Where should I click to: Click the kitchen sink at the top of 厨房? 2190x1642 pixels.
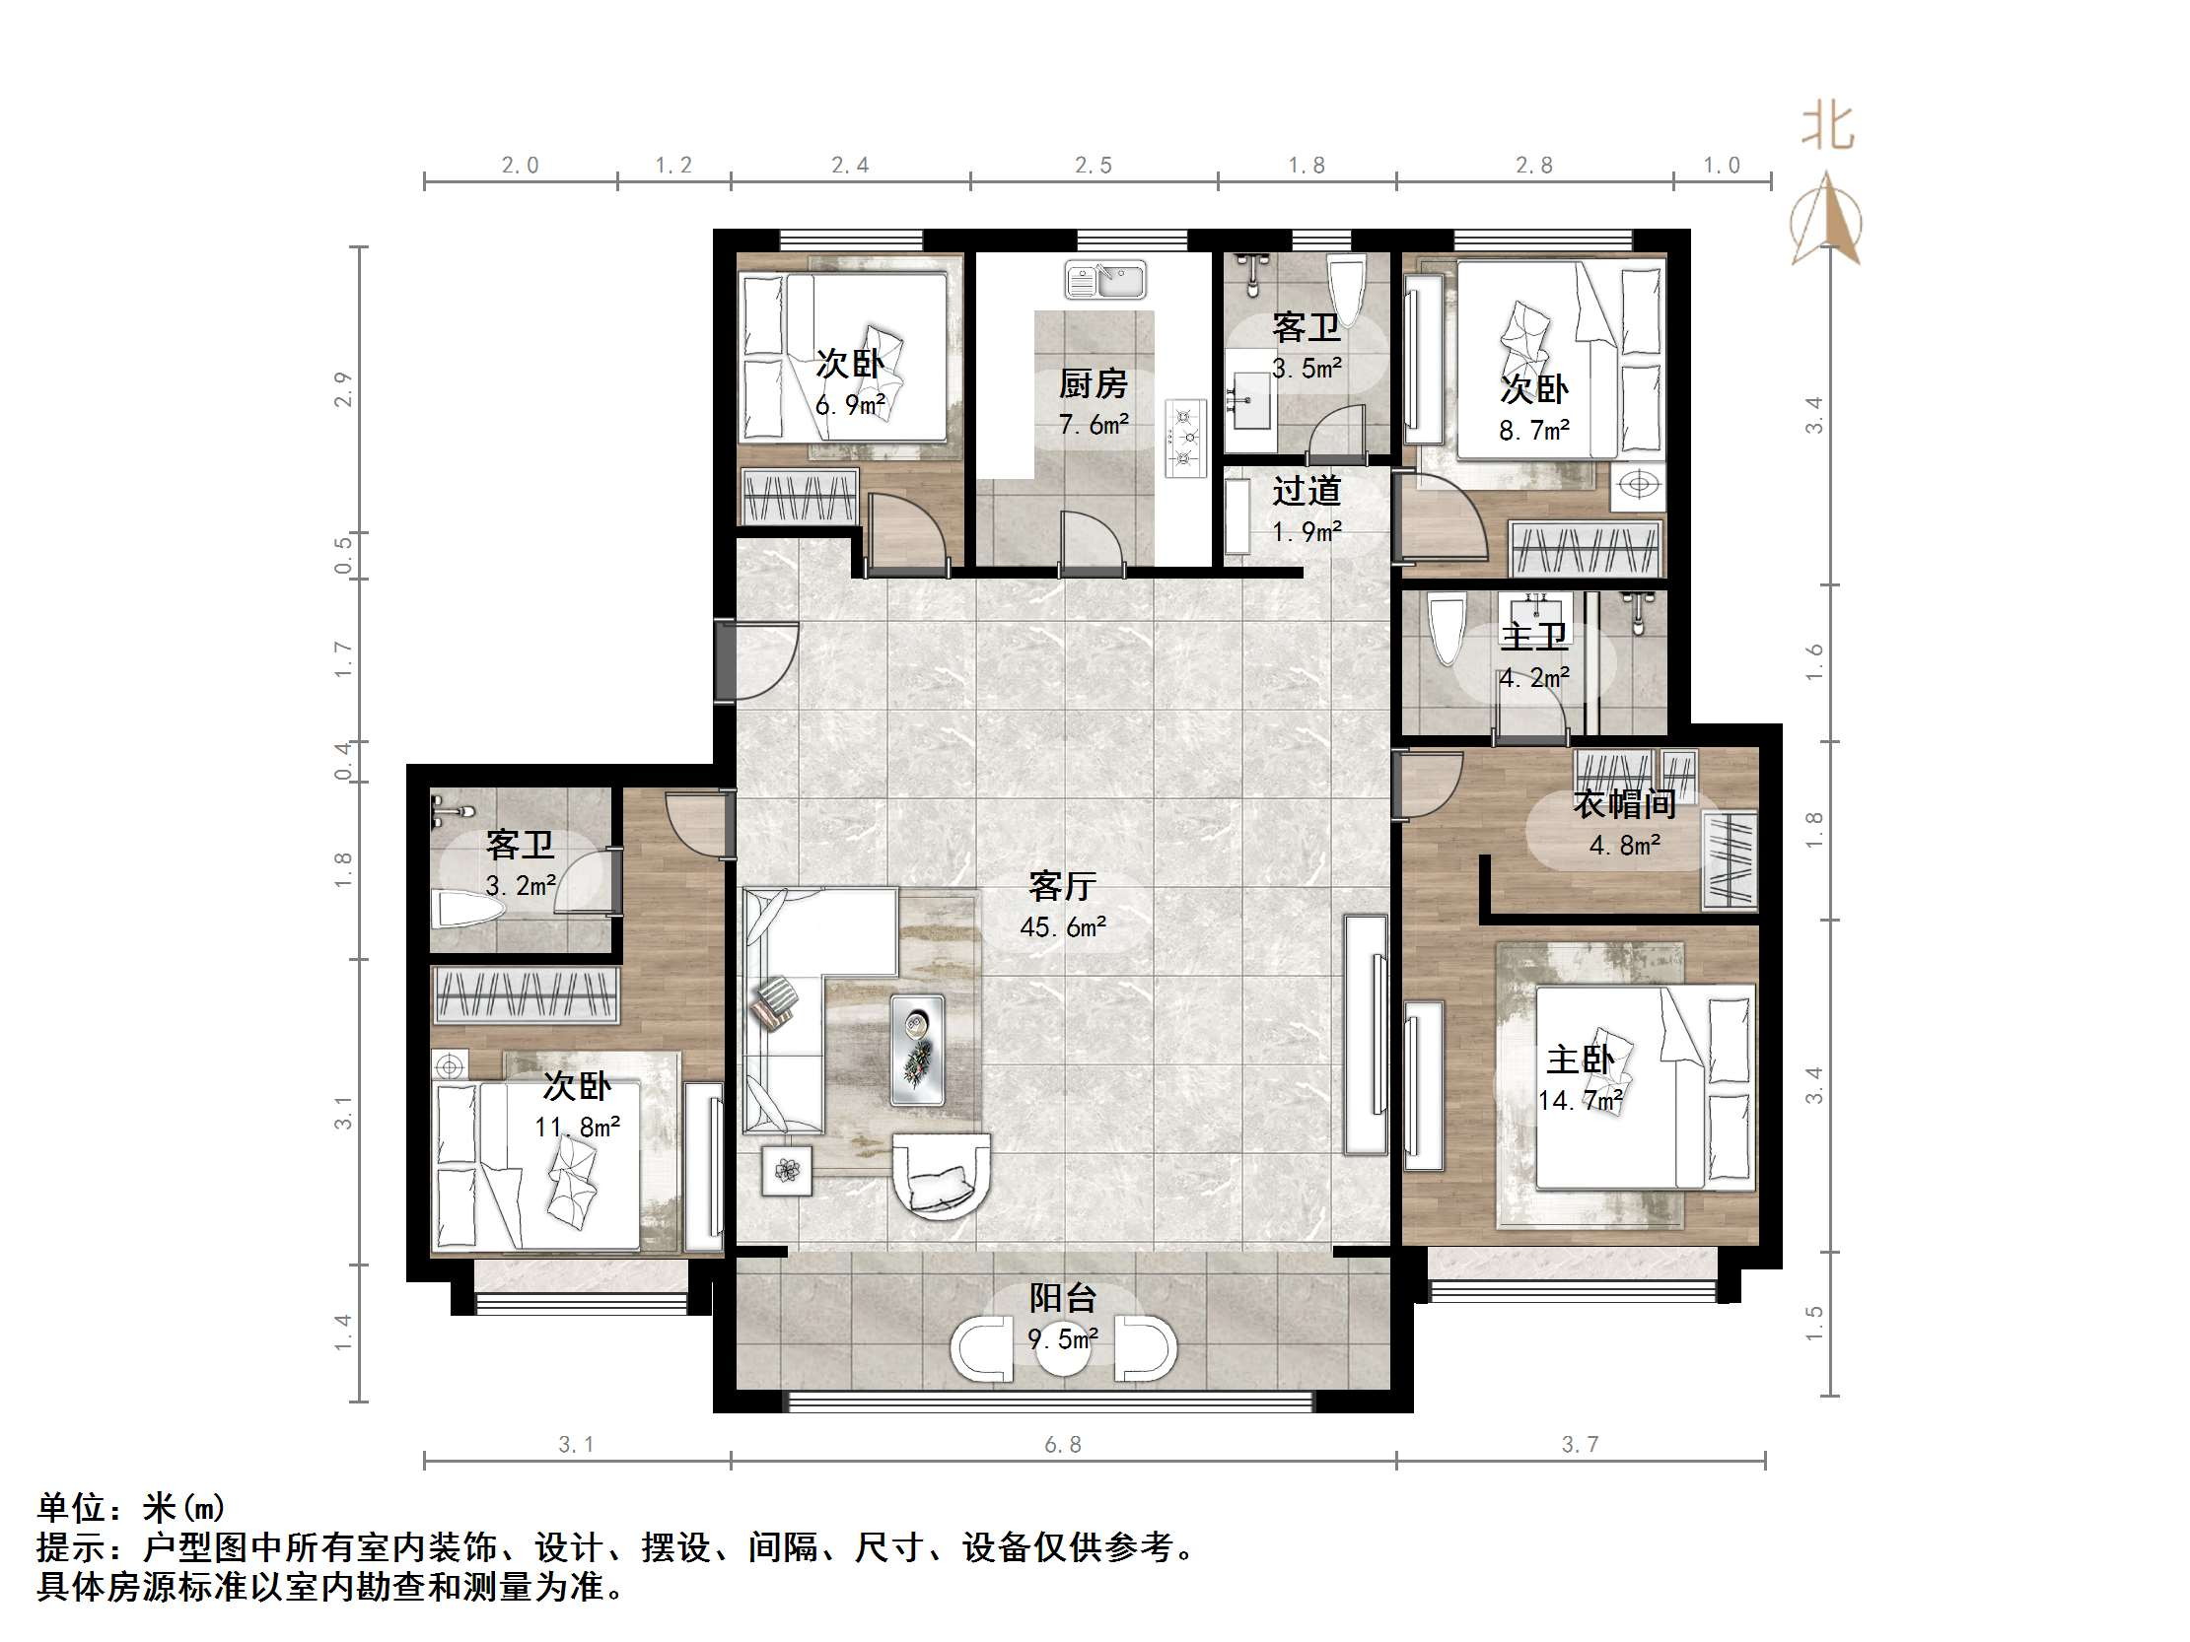[x=1105, y=280]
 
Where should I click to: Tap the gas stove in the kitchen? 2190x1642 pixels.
[x=1185, y=438]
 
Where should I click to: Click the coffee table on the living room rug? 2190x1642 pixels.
[x=917, y=1050]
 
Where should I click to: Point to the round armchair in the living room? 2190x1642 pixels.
[x=941, y=1177]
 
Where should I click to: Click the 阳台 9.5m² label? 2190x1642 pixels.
[x=1063, y=1318]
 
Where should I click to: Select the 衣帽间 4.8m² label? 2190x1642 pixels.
[x=1625, y=823]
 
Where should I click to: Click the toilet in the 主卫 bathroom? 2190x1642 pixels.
[x=1447, y=629]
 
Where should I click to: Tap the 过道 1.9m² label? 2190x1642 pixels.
[x=1307, y=510]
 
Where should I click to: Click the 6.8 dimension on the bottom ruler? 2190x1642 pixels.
[x=1063, y=1445]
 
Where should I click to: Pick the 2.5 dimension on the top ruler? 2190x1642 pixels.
[x=1094, y=166]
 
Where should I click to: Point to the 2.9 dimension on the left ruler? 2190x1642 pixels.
[x=342, y=389]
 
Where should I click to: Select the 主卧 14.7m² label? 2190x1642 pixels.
[x=1581, y=1079]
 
